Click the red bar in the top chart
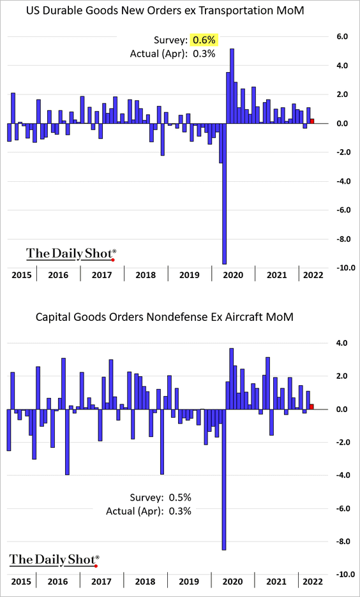[312, 121]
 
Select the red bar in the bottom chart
[312, 407]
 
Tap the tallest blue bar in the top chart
[232, 85]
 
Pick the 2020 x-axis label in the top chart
[233, 275]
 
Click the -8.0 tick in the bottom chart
[340, 542]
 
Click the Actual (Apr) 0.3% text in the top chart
[173, 54]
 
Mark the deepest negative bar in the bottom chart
[223, 480]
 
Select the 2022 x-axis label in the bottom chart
[312, 582]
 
